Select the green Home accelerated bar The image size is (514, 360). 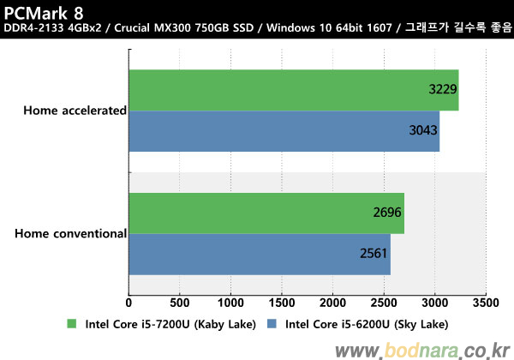[x=293, y=90]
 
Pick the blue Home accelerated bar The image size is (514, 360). [x=284, y=131]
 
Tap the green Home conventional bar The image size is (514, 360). [x=266, y=213]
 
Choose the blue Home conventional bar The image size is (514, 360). [x=259, y=254]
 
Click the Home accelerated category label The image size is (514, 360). [x=75, y=110]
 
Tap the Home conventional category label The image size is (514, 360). [x=71, y=232]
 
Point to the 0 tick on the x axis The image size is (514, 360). [x=128, y=303]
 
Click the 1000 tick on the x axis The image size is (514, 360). [x=230, y=303]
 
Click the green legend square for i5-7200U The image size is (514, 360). [x=71, y=324]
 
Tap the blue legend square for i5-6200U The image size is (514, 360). [x=272, y=324]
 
